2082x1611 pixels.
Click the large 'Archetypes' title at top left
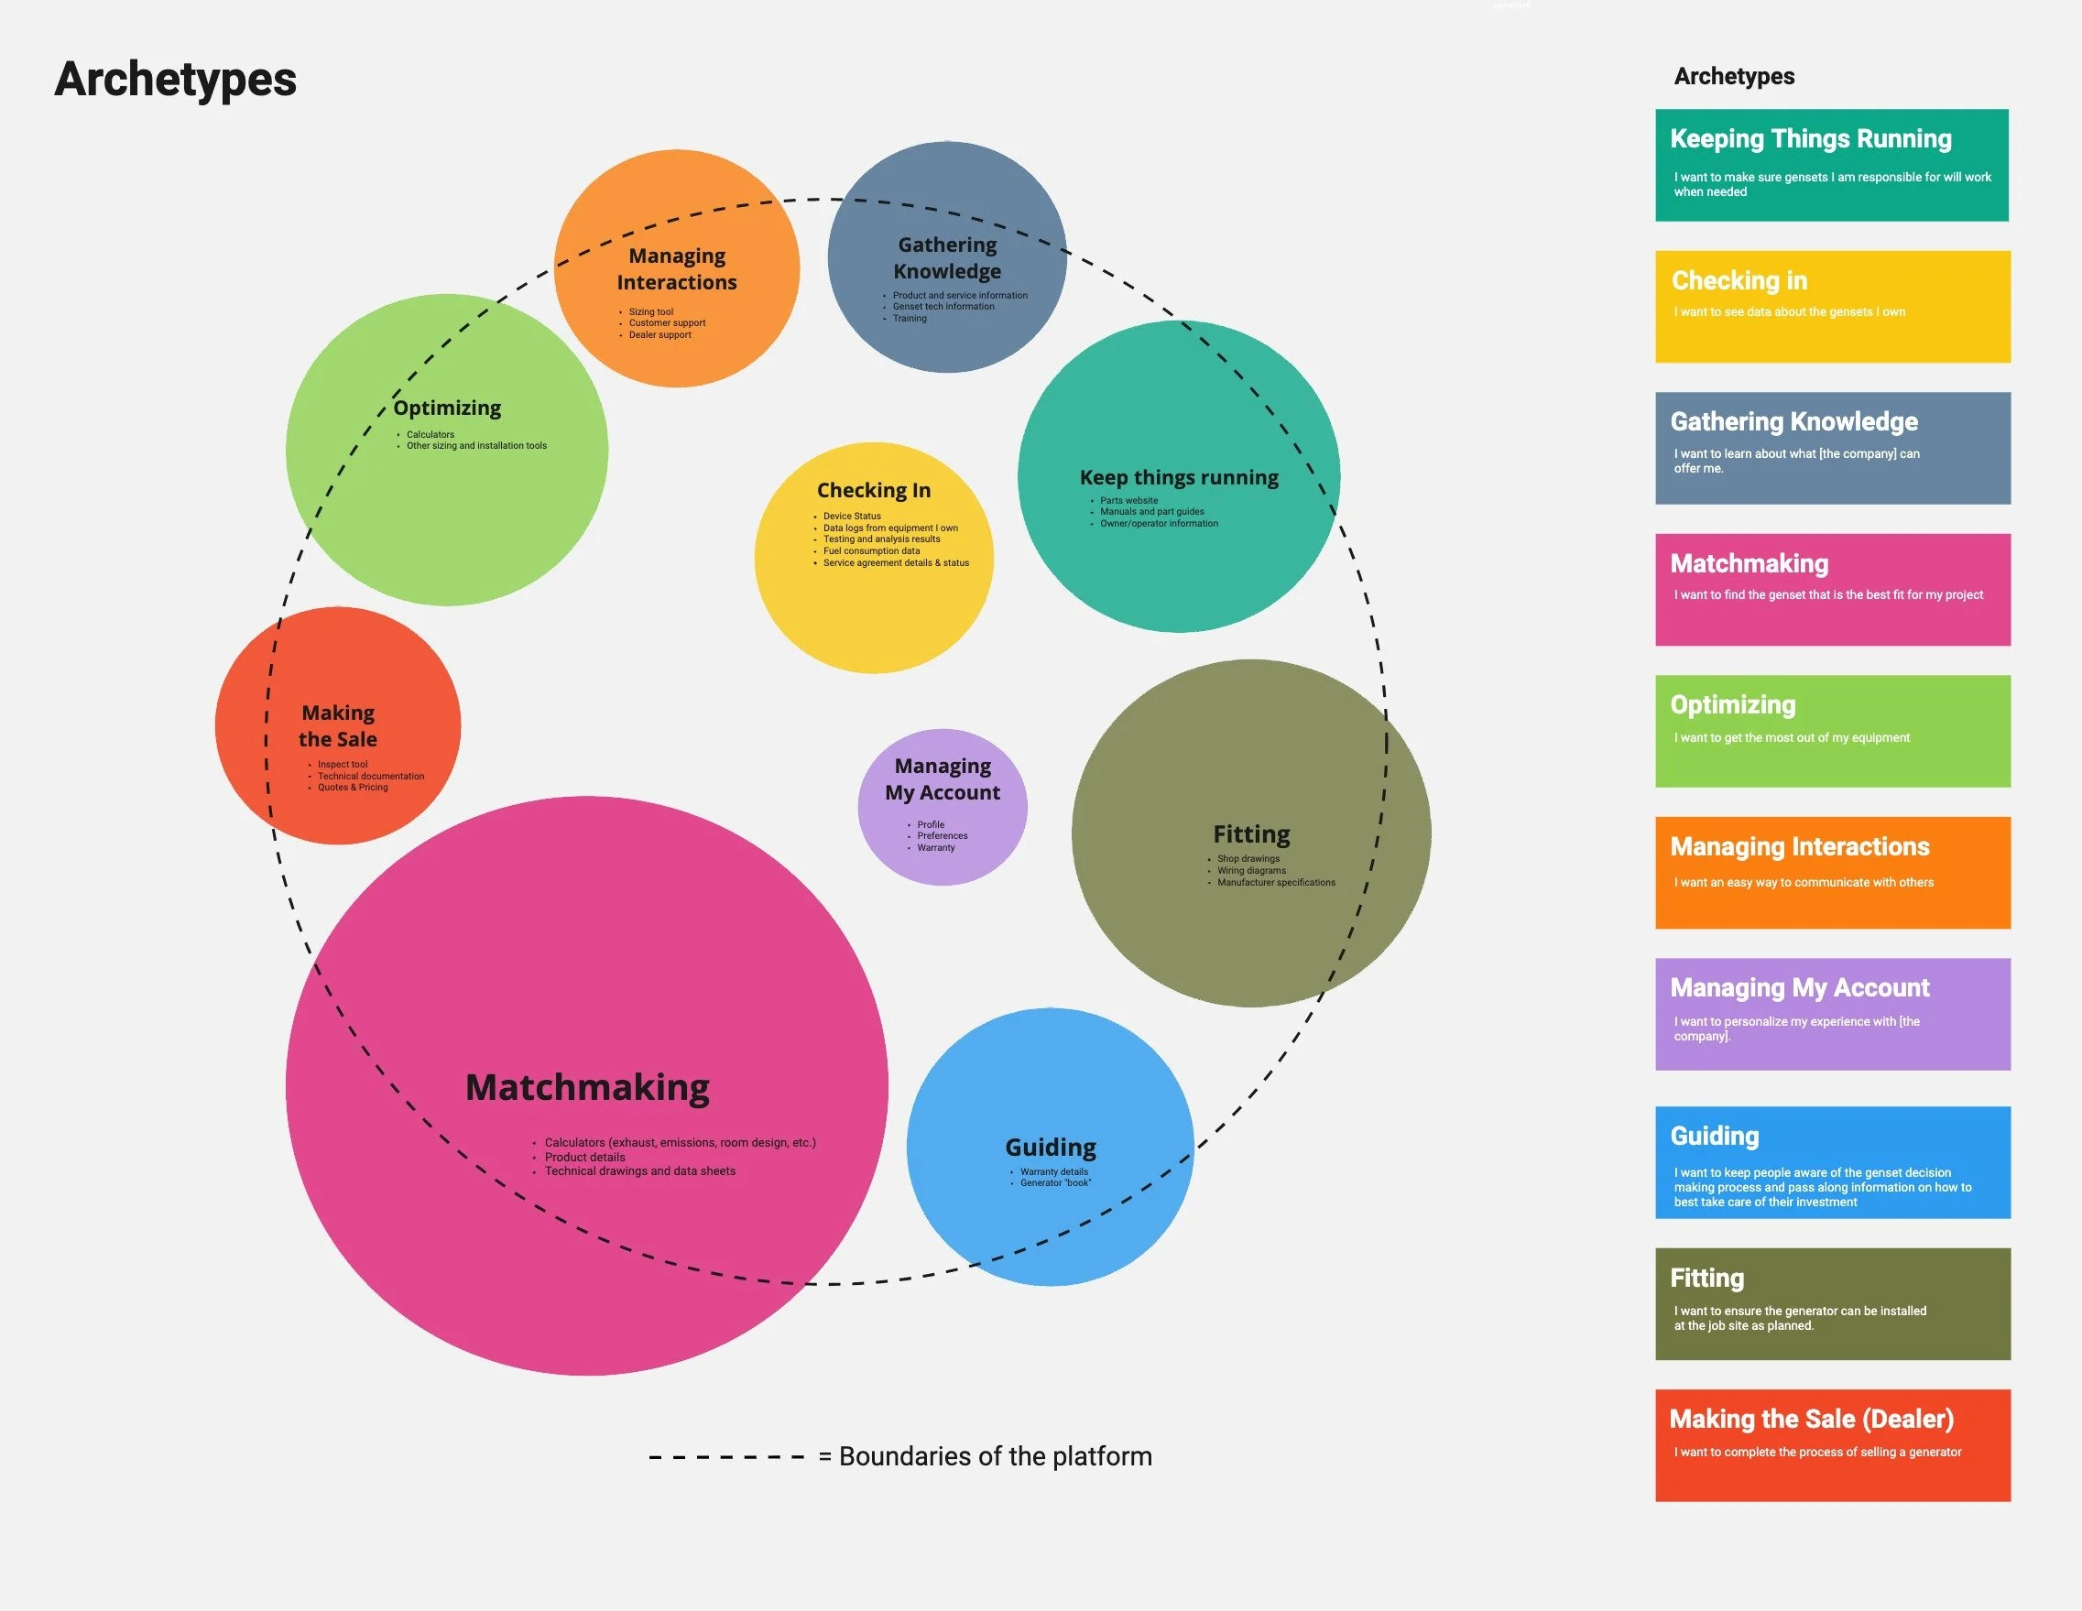coord(175,79)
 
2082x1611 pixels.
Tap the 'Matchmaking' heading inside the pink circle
coord(587,1088)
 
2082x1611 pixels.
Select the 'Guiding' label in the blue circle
coord(1051,1147)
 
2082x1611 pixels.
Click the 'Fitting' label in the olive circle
coord(1250,834)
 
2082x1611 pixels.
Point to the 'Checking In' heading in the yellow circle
coord(873,490)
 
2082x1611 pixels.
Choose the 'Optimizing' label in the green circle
coord(447,408)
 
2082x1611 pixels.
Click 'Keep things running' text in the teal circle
coord(1179,477)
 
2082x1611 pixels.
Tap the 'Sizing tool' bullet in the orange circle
coord(650,311)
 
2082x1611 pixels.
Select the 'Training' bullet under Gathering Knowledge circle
coord(910,319)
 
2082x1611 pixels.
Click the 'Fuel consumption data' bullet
coord(871,551)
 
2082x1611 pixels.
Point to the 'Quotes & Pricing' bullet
coord(353,788)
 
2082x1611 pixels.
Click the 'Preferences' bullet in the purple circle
coord(942,836)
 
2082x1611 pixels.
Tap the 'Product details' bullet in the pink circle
coord(584,1158)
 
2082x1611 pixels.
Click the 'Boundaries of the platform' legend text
coord(996,1456)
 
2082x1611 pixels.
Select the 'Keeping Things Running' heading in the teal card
coord(1810,139)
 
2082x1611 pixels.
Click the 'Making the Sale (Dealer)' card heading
coord(1811,1420)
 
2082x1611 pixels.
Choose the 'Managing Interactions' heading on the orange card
coord(1800,846)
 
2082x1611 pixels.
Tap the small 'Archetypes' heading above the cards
coord(1734,76)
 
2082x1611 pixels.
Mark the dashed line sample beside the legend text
coord(726,1456)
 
